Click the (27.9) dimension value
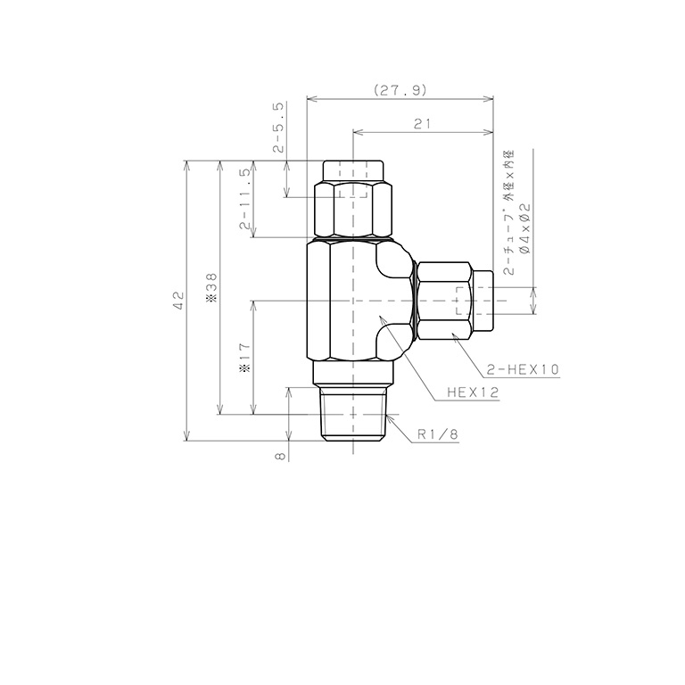pos(400,90)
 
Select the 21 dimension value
pos(423,124)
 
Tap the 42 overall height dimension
pos(178,301)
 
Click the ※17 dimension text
pos(244,358)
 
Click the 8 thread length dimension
pos(280,456)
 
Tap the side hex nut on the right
pos(444,301)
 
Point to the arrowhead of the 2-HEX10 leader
pos(453,333)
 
